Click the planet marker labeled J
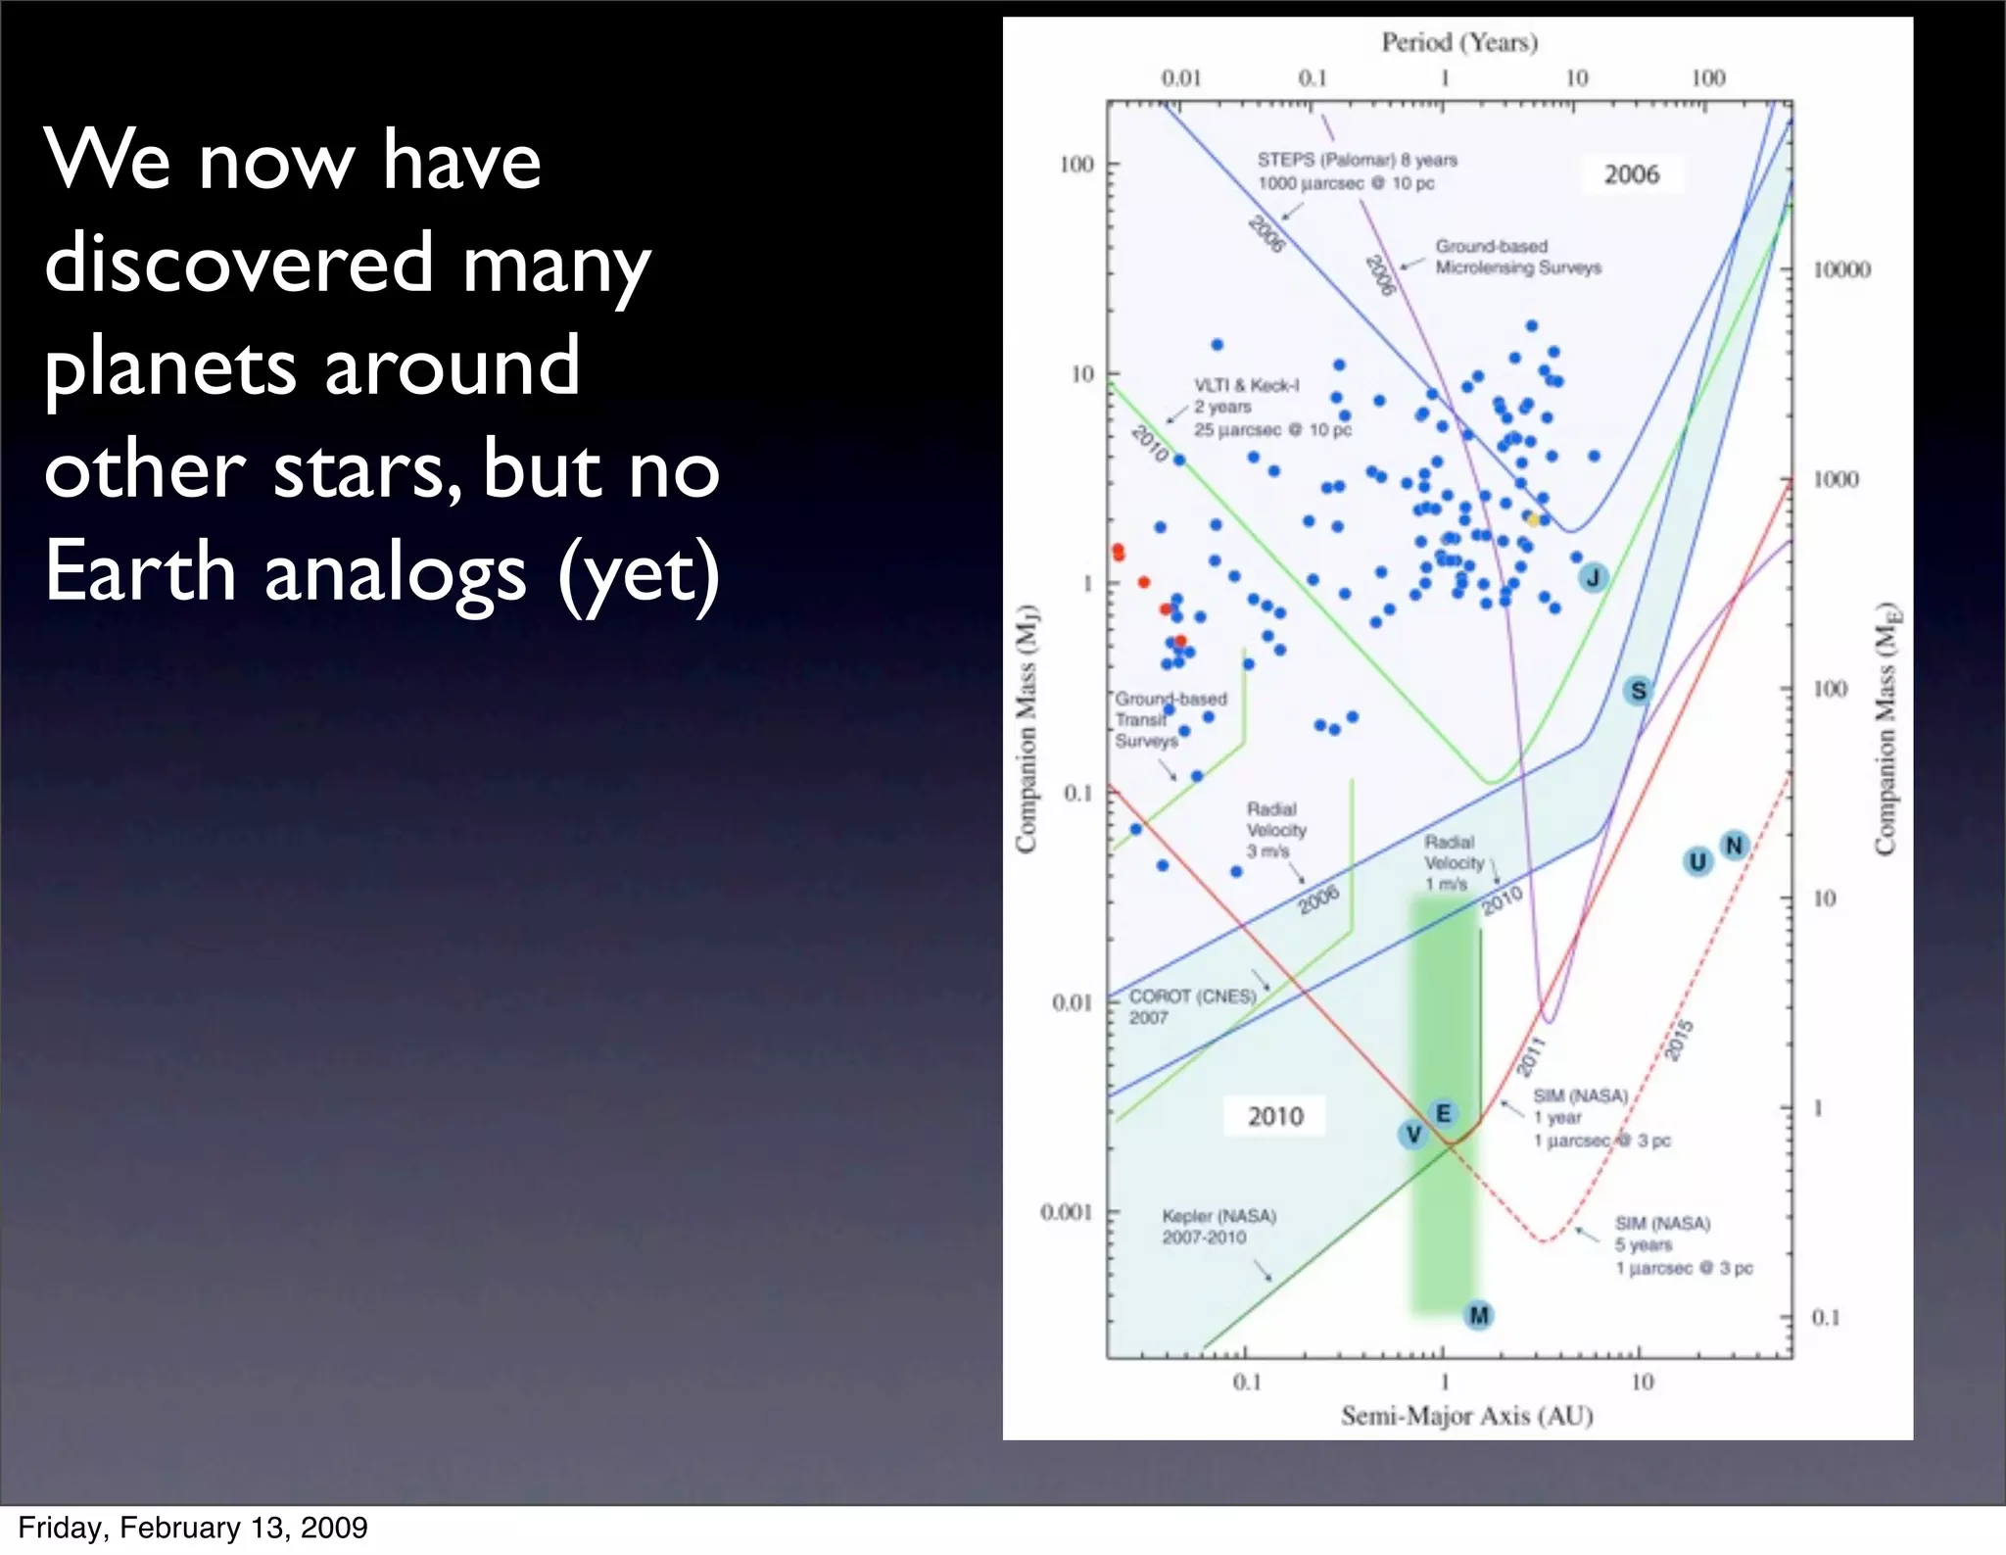(x=1593, y=578)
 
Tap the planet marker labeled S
(x=1638, y=691)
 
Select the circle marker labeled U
(x=1697, y=861)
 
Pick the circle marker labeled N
(x=1734, y=845)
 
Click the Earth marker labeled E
(x=1443, y=1113)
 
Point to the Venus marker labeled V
(x=1412, y=1135)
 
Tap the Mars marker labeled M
(x=1479, y=1315)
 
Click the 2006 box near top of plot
(x=1631, y=174)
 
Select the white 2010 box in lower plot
(x=1274, y=1116)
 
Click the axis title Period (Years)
(x=1459, y=42)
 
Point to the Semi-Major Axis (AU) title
(x=1466, y=1415)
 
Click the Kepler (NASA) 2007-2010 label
(x=1218, y=1227)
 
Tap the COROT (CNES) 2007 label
(x=1192, y=1006)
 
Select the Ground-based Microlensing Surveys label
(x=1517, y=257)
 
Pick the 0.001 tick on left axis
(x=1066, y=1212)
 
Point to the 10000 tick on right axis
(x=1840, y=269)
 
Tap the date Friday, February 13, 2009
(x=193, y=1528)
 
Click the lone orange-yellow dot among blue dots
(x=1533, y=519)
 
